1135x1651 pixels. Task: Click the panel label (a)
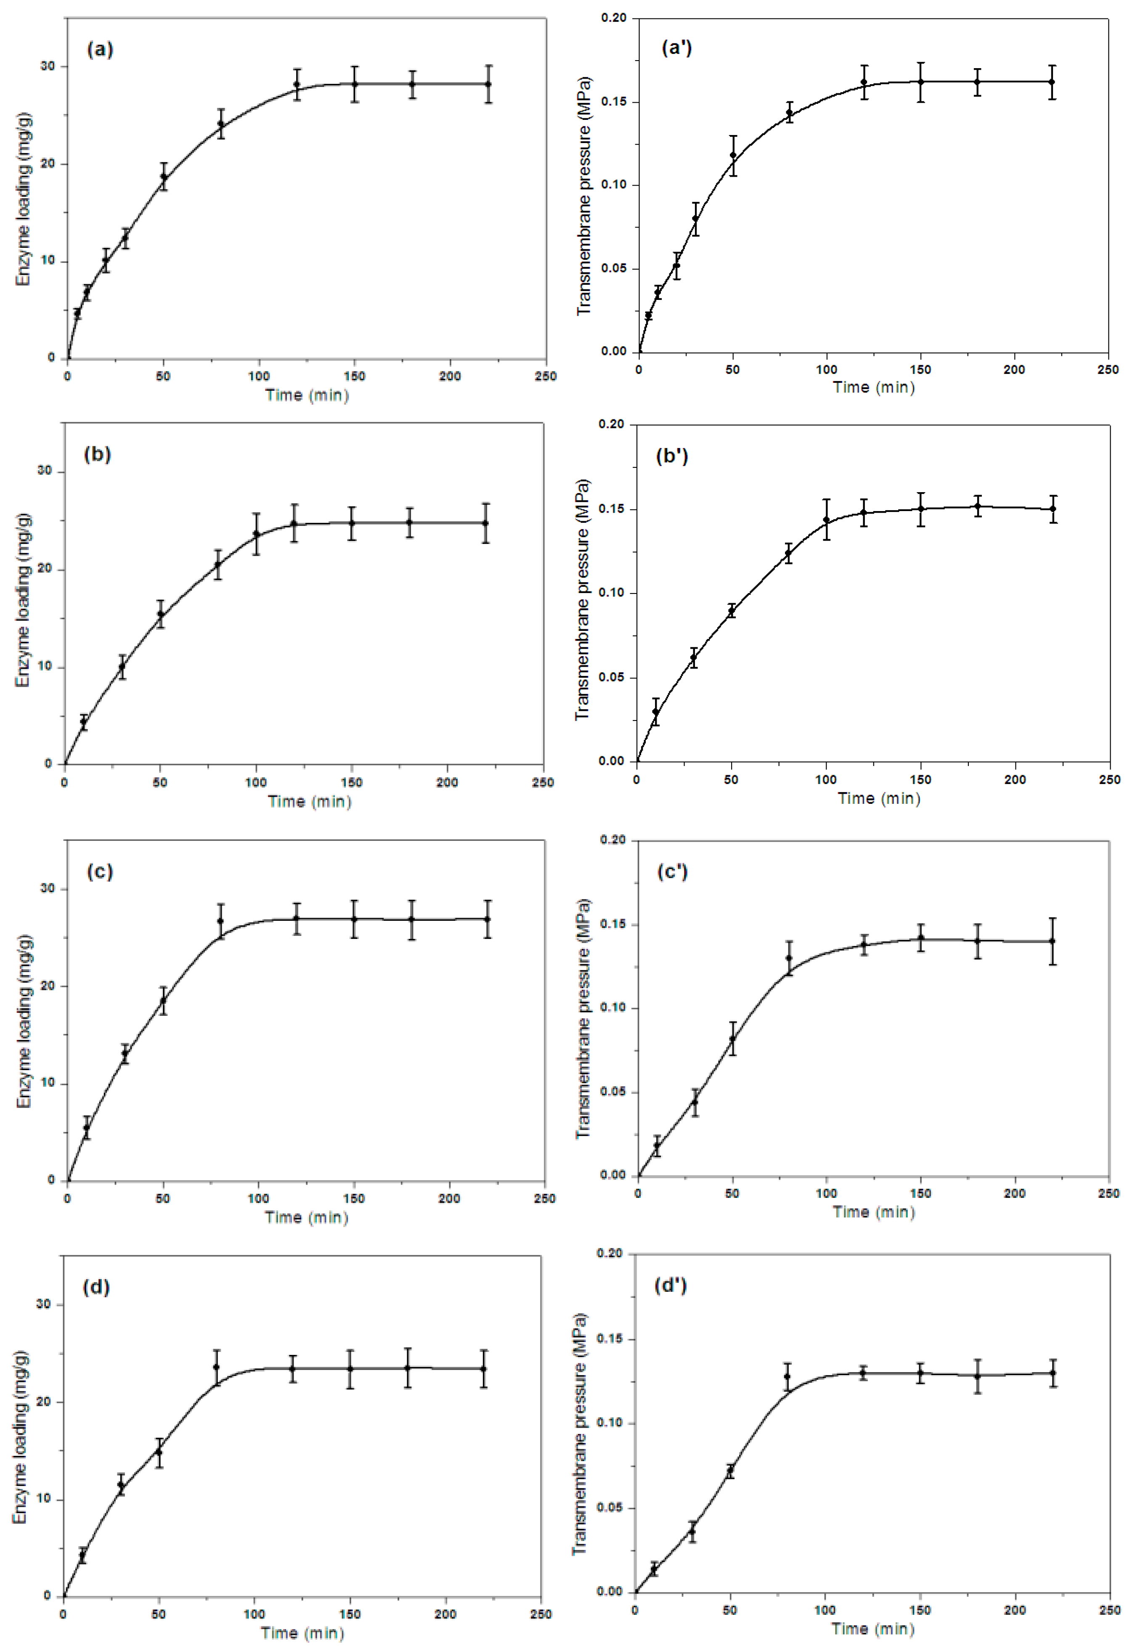click(x=100, y=49)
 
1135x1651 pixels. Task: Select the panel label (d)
click(x=96, y=1287)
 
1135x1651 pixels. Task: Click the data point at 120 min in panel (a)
click(x=297, y=85)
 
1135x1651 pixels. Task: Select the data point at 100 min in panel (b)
click(x=256, y=534)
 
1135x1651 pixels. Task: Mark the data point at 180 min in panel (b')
click(x=978, y=506)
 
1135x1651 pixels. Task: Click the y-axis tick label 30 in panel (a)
click(x=47, y=66)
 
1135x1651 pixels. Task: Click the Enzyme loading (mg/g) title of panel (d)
click(x=20, y=1436)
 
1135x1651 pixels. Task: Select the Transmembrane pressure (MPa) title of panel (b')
click(x=582, y=599)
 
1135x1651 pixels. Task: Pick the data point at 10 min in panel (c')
click(x=657, y=1147)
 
